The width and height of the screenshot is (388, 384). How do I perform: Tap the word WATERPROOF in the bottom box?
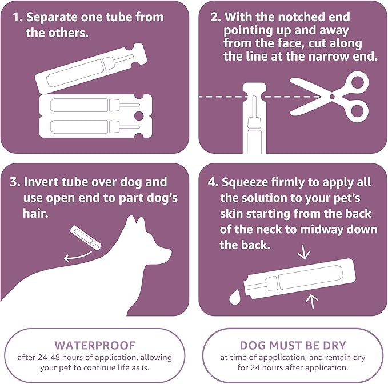pos(94,345)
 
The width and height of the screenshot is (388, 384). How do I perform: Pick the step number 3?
pos(15,182)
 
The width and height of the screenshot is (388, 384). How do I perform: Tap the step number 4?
pos(213,182)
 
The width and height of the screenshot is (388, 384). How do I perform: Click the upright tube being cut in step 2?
pos(252,120)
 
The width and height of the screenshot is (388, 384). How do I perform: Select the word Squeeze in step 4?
pos(247,182)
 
